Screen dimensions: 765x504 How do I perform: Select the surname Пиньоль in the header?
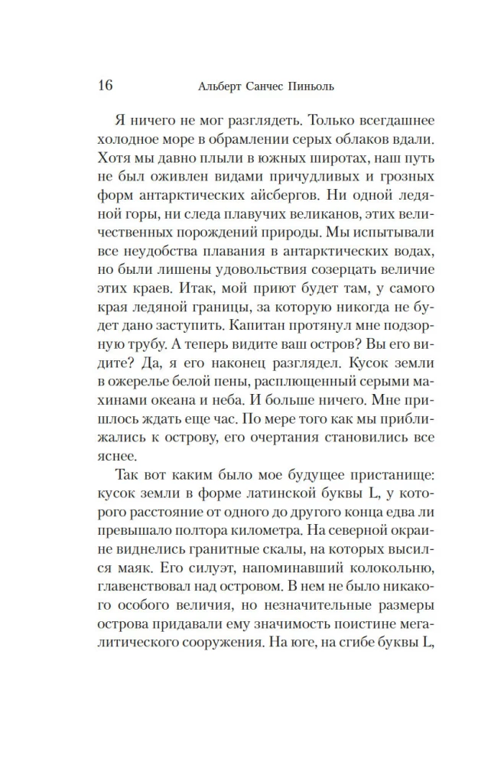[323, 86]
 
